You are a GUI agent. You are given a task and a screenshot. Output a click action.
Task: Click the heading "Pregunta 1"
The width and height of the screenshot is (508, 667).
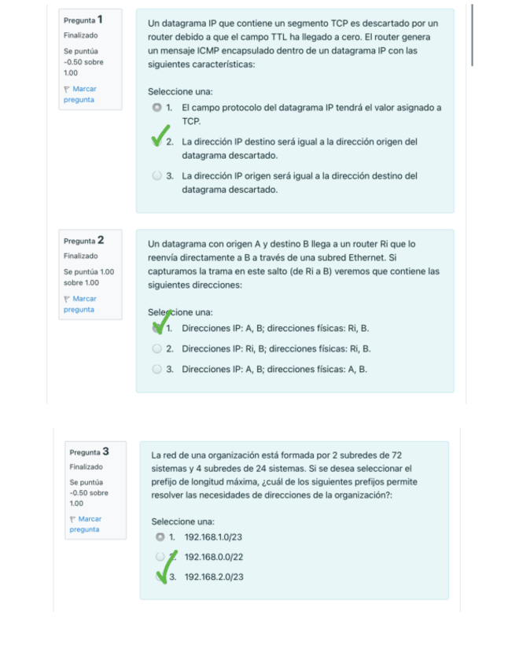coord(83,20)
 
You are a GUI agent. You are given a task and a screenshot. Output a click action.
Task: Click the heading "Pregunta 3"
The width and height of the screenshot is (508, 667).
coord(89,451)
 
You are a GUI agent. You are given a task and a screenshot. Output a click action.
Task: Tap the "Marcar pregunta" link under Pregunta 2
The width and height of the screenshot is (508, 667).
coord(79,304)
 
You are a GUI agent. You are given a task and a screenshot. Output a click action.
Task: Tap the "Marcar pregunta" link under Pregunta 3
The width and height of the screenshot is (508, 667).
coord(85,524)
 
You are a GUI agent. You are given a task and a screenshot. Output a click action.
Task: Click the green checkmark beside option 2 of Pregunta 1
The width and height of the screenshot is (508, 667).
coord(162,136)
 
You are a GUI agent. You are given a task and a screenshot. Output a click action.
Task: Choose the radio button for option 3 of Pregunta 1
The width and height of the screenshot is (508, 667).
coord(157,176)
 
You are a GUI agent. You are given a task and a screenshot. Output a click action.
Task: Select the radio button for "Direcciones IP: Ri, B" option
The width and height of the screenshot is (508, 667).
coord(157,348)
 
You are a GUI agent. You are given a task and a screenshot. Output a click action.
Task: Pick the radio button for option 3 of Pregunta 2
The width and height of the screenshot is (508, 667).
coord(157,369)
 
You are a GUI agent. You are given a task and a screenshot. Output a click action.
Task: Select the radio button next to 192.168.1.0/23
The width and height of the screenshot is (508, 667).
coord(161,537)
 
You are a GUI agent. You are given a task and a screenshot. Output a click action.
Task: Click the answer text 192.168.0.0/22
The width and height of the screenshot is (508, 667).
coord(213,557)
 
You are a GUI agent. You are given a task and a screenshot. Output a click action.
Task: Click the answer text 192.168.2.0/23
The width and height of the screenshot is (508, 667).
coord(213,577)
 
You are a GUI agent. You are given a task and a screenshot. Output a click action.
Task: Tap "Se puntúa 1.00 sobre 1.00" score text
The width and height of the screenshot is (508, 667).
coord(88,277)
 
